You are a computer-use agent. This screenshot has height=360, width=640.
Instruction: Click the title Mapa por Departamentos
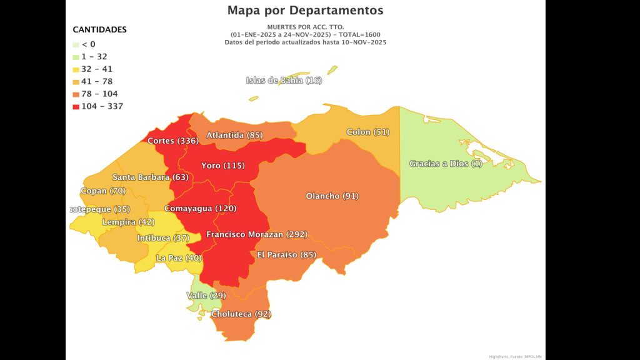(306, 11)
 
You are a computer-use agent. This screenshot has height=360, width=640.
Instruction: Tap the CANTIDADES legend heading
(99, 29)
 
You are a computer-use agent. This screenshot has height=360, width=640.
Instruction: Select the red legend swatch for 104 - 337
(76, 106)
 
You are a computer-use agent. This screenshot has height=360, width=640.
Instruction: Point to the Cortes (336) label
(173, 141)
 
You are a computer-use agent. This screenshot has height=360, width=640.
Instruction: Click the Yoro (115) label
(222, 166)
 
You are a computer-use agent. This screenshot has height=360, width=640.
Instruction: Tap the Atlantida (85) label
(234, 135)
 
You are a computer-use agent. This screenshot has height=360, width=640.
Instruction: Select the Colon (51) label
(367, 132)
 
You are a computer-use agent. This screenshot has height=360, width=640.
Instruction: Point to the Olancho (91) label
(332, 196)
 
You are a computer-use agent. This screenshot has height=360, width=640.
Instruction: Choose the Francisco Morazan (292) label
(257, 234)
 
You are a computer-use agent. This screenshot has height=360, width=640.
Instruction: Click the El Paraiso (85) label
(287, 254)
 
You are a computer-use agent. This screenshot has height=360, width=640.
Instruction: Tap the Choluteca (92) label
(241, 314)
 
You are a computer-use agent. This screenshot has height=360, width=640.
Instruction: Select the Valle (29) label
(206, 295)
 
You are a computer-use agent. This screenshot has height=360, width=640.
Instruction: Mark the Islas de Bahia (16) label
(284, 80)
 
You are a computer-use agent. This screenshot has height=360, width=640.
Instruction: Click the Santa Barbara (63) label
(151, 177)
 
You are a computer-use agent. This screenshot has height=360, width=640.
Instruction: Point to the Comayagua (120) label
(200, 208)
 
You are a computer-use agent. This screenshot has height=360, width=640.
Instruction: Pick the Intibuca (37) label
(163, 238)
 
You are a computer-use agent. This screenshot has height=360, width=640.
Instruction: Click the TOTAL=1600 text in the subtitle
(357, 34)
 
